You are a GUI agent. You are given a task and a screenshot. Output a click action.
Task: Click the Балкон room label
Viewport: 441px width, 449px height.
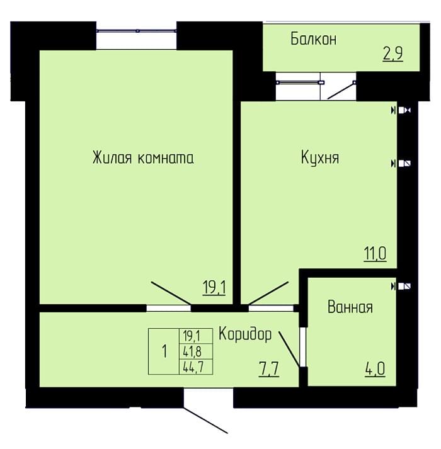point(314,39)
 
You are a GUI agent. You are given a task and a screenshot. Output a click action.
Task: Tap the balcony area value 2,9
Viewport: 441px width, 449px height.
point(393,54)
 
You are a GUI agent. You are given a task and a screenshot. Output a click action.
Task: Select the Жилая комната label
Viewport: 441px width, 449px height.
point(143,157)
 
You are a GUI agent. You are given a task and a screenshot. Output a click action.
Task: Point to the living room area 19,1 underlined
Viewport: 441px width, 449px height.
point(214,288)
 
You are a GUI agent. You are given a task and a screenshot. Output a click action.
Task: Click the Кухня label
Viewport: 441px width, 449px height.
point(320,157)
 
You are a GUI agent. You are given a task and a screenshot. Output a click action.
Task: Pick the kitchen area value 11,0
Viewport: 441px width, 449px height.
point(375,254)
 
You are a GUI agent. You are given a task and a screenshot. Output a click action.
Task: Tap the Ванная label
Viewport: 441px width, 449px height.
point(350,307)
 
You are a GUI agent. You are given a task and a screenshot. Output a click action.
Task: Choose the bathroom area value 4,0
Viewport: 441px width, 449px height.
point(375,369)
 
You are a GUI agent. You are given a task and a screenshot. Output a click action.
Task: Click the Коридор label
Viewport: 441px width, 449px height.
point(245,334)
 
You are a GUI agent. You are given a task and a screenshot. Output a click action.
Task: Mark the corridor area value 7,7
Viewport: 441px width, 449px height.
point(269,369)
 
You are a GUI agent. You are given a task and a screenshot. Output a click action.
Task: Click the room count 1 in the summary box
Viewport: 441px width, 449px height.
point(164,351)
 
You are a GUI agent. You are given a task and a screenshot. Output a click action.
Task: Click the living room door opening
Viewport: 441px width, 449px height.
point(169,308)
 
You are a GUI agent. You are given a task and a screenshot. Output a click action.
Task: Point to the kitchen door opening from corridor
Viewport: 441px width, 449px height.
point(271,308)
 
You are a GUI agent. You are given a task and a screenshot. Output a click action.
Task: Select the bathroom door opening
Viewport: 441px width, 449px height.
point(303,347)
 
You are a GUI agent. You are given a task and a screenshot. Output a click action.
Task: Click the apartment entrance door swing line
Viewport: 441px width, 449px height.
point(206,420)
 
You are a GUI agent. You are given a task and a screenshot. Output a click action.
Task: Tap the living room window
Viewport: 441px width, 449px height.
point(137,31)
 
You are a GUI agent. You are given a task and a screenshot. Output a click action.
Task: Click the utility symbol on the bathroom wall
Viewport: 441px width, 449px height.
point(401,286)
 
